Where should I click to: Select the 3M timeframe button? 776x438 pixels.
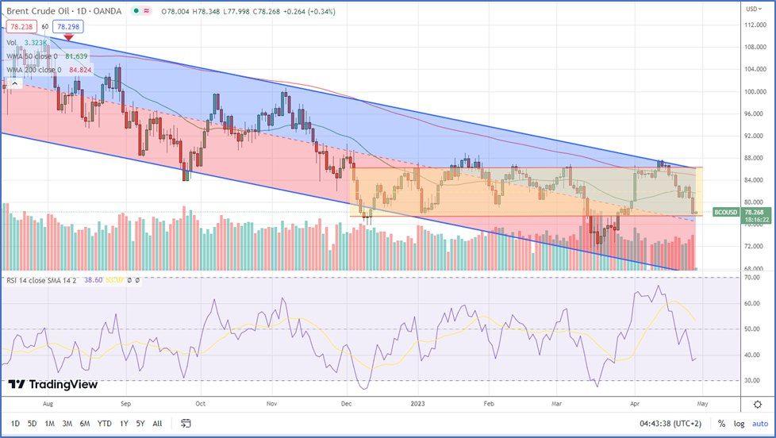pyautogui.click(x=67, y=423)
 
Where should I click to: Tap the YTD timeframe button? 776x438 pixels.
pyautogui.click(x=104, y=423)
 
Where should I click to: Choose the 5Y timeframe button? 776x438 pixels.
pyautogui.click(x=140, y=423)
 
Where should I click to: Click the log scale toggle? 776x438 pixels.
pyautogui.click(x=740, y=423)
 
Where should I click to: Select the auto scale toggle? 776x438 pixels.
pyautogui.click(x=761, y=423)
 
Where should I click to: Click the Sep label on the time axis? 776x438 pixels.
pyautogui.click(x=125, y=402)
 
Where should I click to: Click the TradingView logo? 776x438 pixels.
pyautogui.click(x=53, y=385)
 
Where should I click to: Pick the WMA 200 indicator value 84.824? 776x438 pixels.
pyautogui.click(x=79, y=70)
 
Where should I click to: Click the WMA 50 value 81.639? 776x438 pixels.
pyautogui.click(x=75, y=56)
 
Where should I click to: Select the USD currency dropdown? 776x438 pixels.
pyautogui.click(x=751, y=9)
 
